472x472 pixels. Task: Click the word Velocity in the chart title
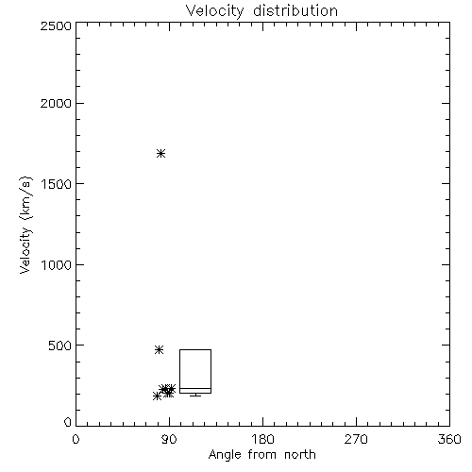[215, 11]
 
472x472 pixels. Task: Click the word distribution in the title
[295, 10]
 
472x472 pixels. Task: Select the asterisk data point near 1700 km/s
[161, 154]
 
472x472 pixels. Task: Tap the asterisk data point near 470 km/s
[160, 349]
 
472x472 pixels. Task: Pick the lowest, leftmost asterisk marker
[157, 396]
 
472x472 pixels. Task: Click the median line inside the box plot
[195, 389]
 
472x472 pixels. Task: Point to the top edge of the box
[195, 349]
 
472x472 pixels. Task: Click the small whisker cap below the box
[195, 396]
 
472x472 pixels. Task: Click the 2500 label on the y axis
[56, 25]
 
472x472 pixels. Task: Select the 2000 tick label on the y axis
[56, 103]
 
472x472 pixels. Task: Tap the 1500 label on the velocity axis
[57, 184]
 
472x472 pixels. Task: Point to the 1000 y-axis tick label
[57, 264]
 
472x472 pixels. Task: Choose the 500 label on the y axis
[60, 346]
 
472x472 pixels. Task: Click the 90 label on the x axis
[169, 439]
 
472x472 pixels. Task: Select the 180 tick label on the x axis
[262, 439]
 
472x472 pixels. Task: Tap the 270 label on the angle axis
[356, 439]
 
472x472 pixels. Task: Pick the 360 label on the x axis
[449, 439]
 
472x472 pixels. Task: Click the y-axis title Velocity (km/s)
[25, 225]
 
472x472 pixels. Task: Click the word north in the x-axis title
[300, 455]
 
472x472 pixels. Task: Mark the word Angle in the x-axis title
[225, 455]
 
